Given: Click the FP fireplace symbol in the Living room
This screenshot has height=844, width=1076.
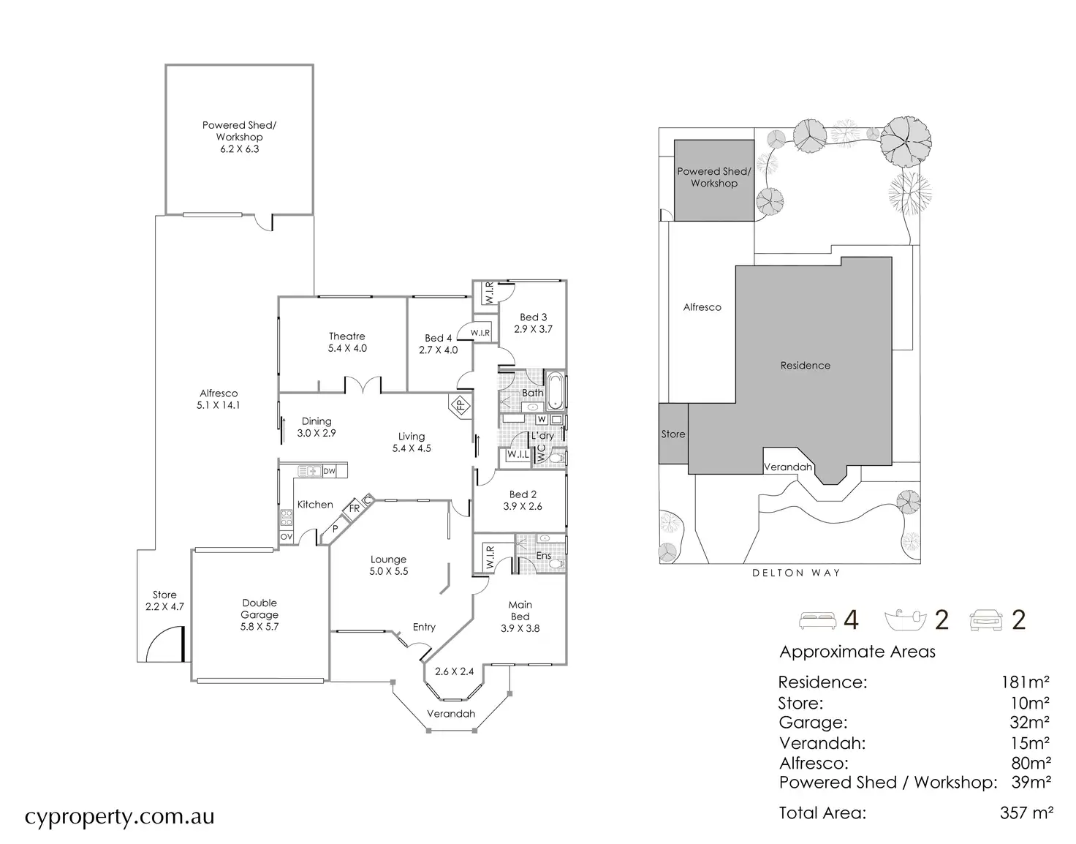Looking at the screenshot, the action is pos(461,406).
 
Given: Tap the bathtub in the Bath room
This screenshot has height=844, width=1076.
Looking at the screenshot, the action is pos(555,391).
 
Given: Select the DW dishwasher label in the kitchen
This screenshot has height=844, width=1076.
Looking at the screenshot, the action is pos(329,471).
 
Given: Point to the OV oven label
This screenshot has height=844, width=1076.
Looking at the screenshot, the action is pos(287,536).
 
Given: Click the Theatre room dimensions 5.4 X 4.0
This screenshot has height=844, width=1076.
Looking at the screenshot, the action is pos(347,348).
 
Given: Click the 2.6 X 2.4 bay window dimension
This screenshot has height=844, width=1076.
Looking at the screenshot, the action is pos(454,671).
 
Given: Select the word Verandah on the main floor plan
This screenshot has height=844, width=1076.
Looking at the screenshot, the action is pos(450,714).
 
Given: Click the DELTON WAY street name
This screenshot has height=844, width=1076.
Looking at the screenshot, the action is pos(796,573).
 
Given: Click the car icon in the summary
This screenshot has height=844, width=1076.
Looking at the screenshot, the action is pos(986,621).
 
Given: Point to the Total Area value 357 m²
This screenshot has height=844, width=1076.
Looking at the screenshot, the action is pos(1026,813).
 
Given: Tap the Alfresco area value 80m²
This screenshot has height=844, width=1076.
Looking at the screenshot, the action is pos(1031,764).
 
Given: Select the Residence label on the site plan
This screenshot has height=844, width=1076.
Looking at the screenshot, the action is pos(805,366).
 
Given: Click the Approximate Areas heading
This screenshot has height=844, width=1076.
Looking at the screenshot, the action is pos(857,652).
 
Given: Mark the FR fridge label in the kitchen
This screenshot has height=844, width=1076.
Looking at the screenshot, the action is pos(354,508).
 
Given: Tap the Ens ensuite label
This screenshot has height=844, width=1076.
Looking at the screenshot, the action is pos(543,556).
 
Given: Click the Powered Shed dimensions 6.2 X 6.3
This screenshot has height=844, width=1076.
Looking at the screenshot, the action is pos(239,149).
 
